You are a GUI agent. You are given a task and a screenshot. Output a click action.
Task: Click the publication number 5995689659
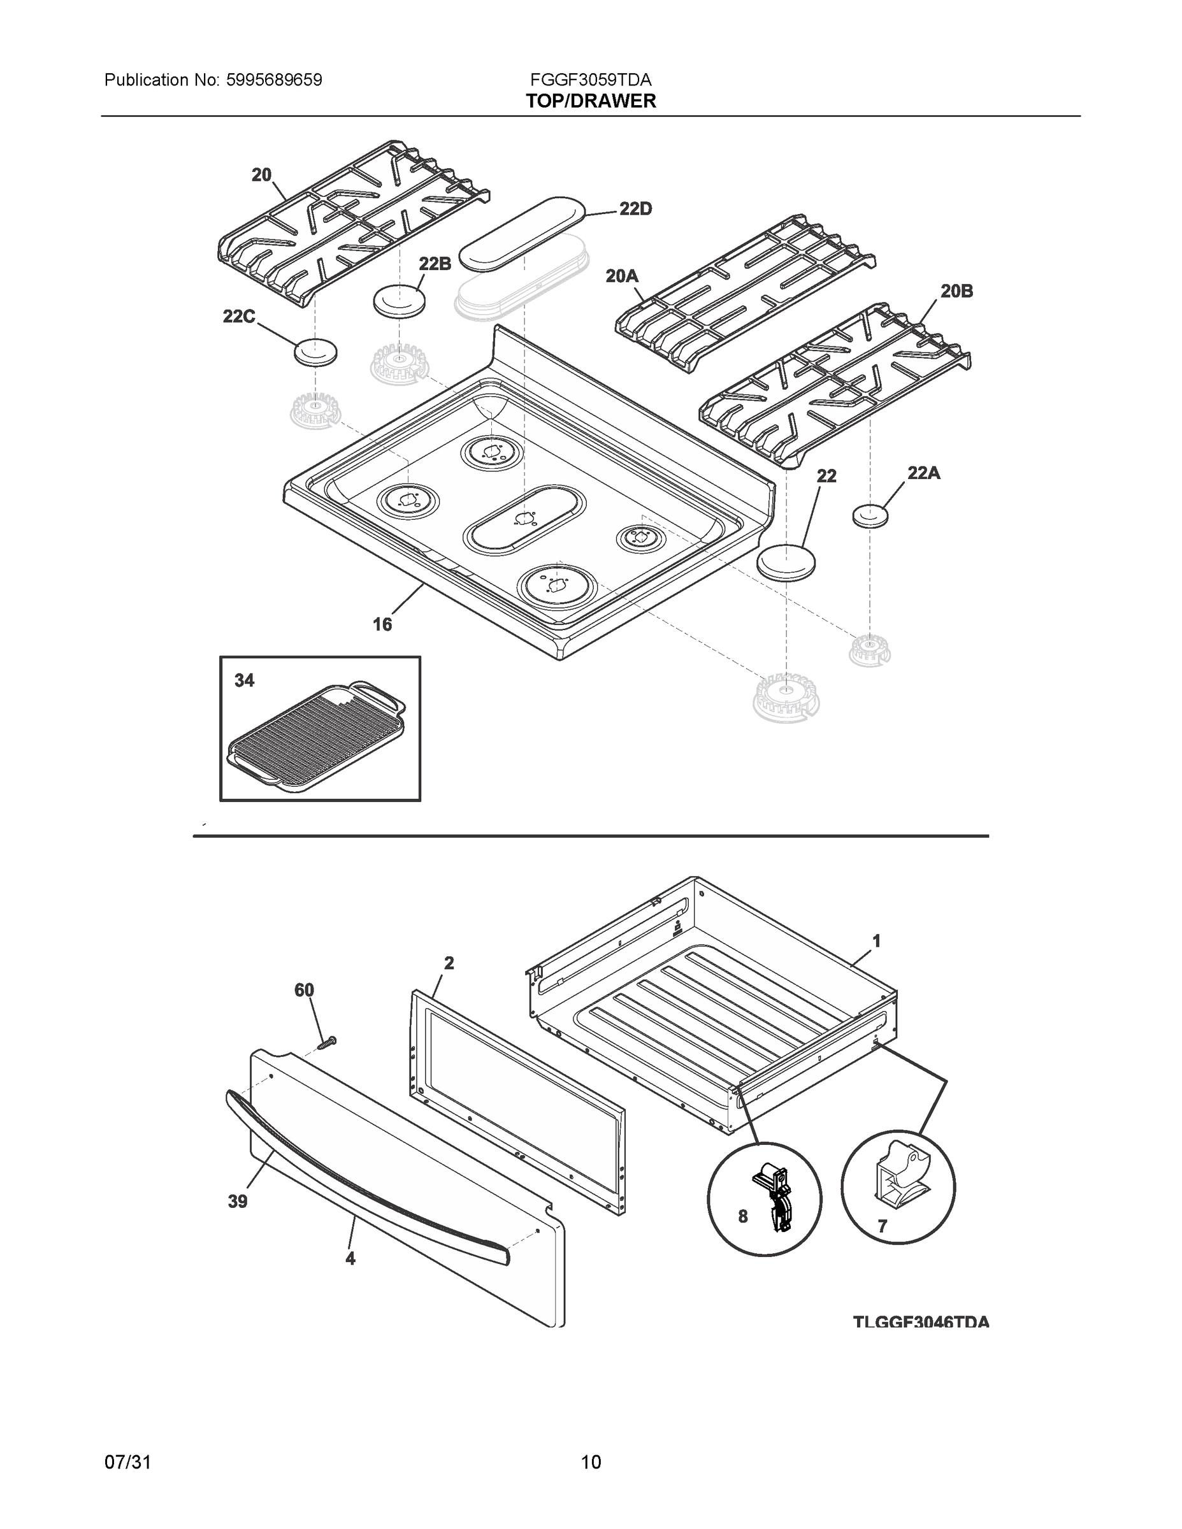click(274, 80)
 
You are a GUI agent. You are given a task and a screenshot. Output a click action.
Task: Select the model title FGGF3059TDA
click(591, 80)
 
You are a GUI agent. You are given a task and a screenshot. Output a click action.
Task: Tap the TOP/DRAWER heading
click(591, 101)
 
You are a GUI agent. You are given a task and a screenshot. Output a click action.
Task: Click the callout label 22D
click(635, 208)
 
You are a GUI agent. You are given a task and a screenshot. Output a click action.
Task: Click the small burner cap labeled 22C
click(315, 352)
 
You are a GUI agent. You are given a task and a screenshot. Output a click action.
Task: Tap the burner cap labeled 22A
click(870, 517)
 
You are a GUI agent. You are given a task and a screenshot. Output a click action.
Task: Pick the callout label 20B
click(956, 291)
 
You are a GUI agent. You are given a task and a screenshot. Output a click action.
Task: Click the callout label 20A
click(622, 276)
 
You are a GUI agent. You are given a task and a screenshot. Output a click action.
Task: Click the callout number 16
click(382, 624)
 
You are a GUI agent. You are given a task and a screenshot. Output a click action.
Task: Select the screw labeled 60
click(326, 1042)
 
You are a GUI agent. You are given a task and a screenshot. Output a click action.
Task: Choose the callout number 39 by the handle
click(238, 1202)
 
